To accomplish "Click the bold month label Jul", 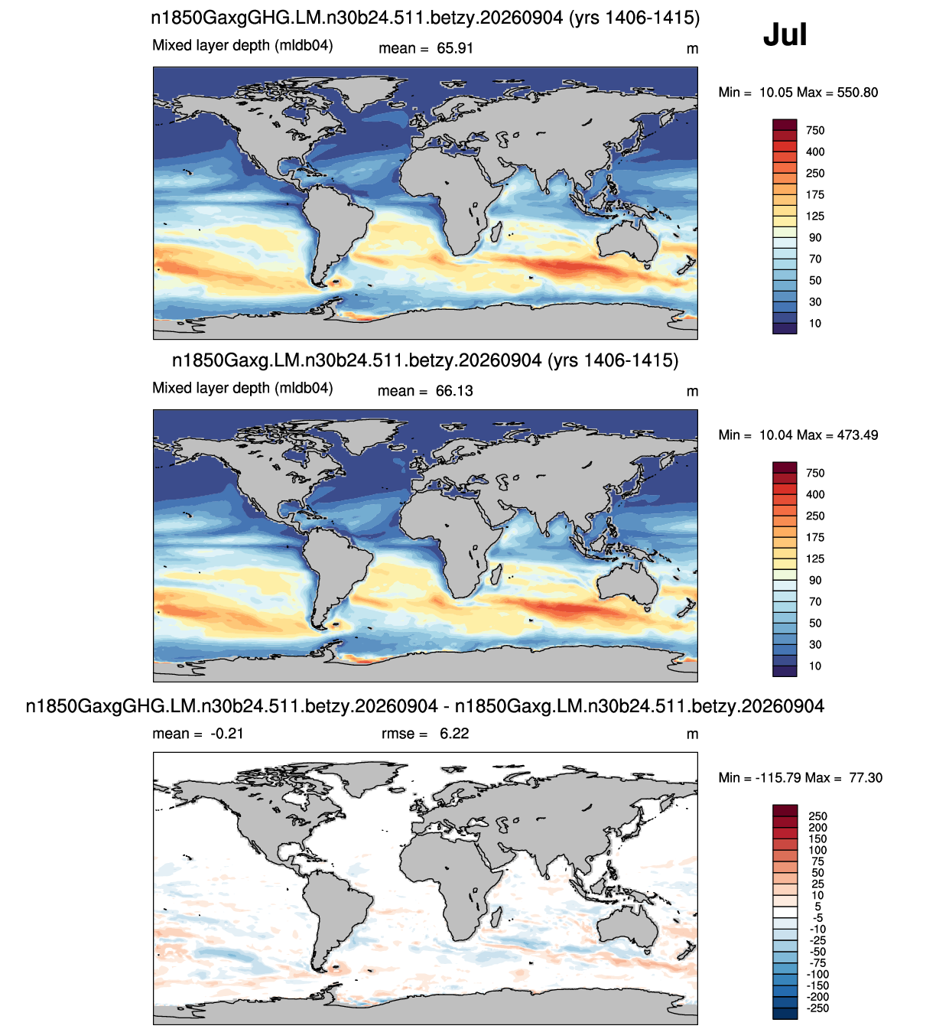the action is [785, 34].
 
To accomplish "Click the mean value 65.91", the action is [455, 48].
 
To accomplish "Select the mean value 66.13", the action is [453, 391].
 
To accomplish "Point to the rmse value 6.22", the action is [454, 733].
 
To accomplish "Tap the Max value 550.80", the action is [857, 93].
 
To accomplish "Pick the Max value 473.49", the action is [857, 435].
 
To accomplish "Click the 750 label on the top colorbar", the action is [815, 131].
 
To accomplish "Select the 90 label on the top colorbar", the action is [815, 238].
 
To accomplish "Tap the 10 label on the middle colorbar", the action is [815, 666].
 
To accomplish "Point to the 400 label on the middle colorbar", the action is [815, 494].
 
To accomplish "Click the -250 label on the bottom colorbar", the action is [817, 1008].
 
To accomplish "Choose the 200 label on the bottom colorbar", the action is [817, 828].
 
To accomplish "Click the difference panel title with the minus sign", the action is [424, 705].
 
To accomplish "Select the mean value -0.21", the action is [227, 733].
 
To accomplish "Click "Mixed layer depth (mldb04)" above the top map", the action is [242, 46].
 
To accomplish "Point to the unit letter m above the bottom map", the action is [692, 734].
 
